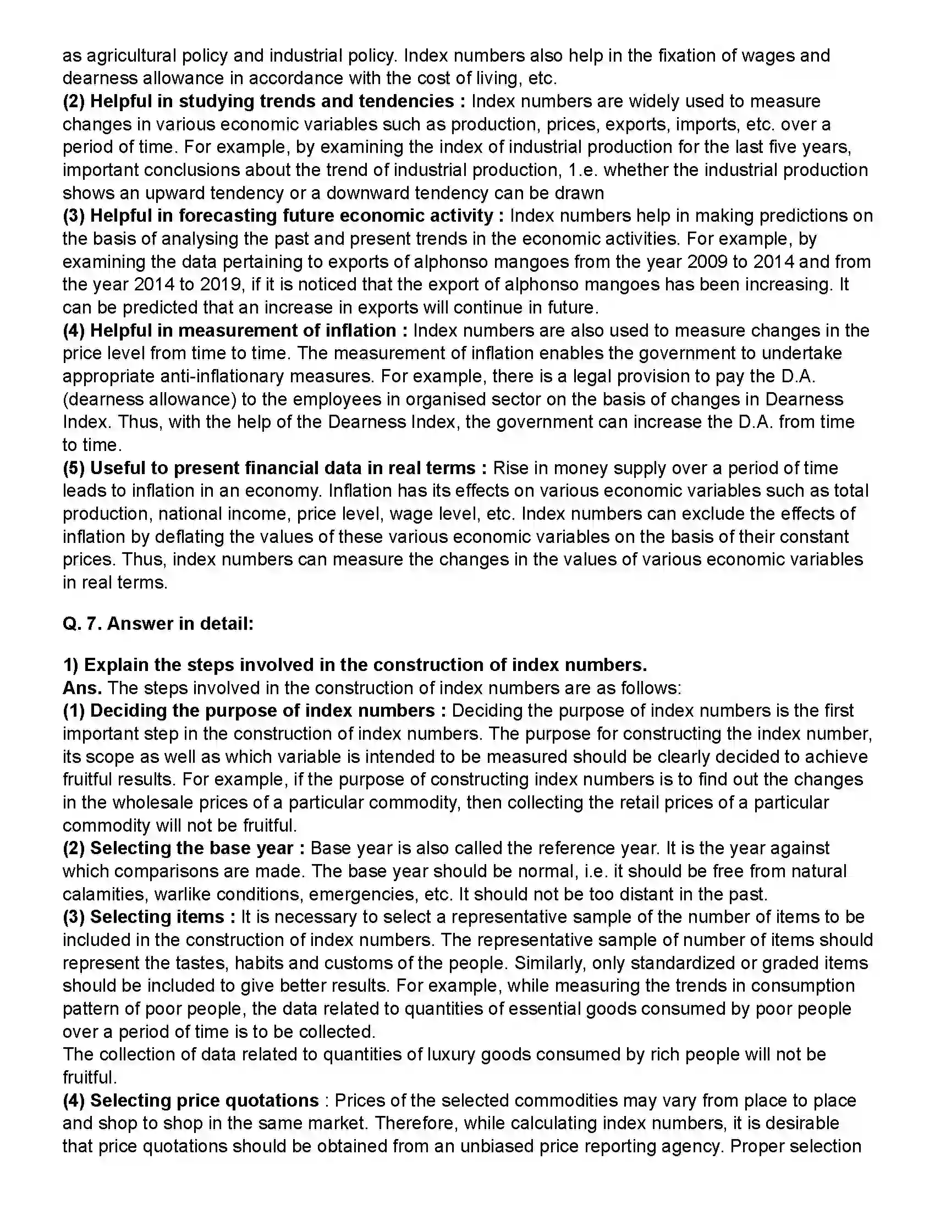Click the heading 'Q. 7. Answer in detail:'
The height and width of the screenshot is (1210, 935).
[x=158, y=623]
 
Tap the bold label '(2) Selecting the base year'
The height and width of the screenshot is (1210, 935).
[x=183, y=848]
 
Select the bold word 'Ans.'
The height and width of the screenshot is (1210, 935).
[x=82, y=688]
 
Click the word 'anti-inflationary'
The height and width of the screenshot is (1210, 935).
[x=222, y=376]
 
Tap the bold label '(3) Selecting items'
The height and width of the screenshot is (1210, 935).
[x=144, y=917]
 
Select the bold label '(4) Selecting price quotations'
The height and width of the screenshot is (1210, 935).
[x=190, y=1101]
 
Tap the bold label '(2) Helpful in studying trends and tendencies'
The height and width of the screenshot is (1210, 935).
[x=258, y=101]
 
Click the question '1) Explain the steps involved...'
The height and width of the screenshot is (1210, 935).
[x=355, y=665]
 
